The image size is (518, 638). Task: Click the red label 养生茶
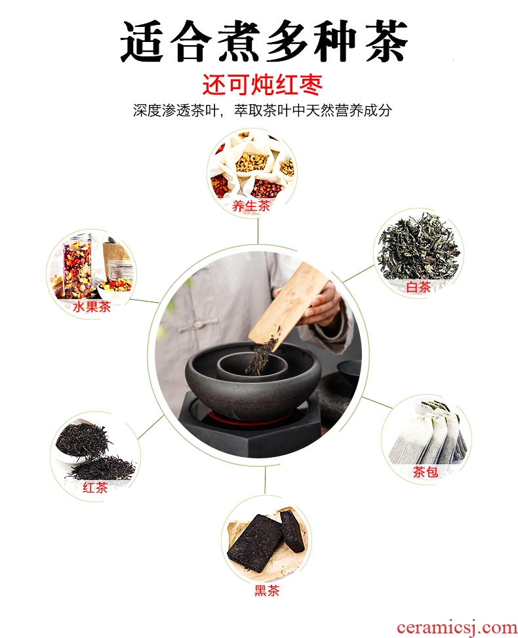tap(251, 206)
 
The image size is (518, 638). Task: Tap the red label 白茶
tap(419, 287)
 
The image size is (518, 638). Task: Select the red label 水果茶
tap(92, 306)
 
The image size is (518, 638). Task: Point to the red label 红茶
tap(95, 487)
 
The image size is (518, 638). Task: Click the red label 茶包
tap(426, 471)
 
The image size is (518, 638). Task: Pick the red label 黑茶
tap(267, 590)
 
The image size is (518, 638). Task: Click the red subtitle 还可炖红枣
tap(262, 85)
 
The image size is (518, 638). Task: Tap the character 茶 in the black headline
tap(386, 41)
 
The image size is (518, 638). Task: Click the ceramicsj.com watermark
tap(456, 628)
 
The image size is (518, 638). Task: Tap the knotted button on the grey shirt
tap(199, 325)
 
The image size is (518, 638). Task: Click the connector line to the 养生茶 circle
tap(258, 231)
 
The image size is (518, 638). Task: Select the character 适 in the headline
tap(142, 42)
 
